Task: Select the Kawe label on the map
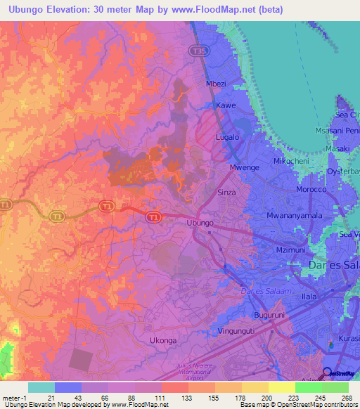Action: tap(226, 105)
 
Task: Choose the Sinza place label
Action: tap(226, 192)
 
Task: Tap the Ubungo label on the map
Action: tap(199, 223)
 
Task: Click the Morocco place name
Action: tap(310, 190)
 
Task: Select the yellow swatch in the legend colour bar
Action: tap(281, 387)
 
